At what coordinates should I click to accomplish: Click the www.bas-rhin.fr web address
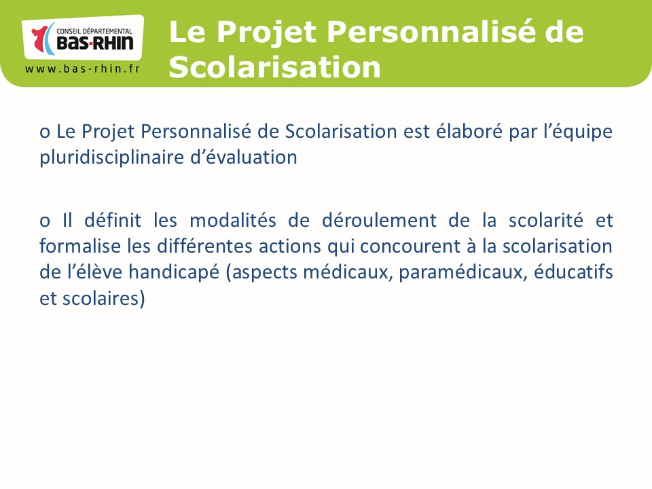pos(82,69)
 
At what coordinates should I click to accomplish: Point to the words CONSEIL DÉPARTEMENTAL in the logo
pos(94,31)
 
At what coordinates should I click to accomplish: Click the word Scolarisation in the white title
pos(275,67)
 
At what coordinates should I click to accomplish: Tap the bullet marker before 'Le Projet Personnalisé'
pos(45,132)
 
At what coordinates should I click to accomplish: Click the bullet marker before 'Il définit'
pos(45,221)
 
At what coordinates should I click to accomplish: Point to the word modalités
pos(233,220)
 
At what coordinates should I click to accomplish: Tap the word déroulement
pos(379,220)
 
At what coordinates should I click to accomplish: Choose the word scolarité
pos(546,220)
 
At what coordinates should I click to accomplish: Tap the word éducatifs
pos(573,272)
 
